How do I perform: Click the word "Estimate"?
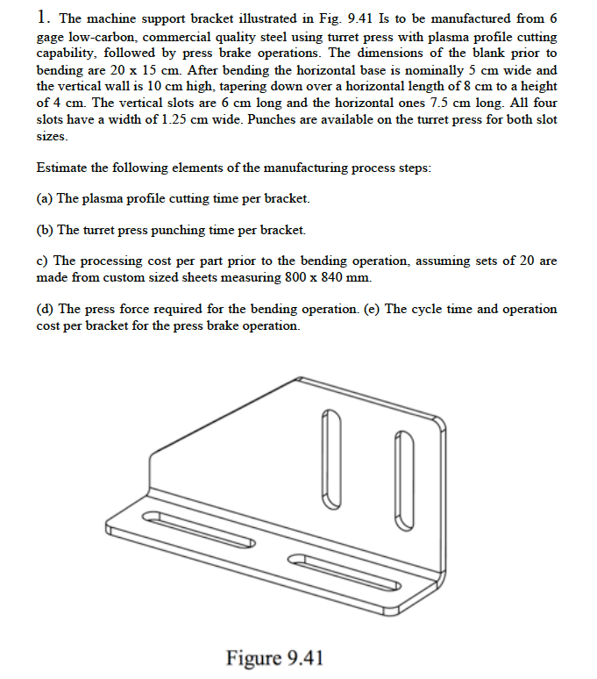click(62, 168)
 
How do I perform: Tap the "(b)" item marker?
click(45, 231)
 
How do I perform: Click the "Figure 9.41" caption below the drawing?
click(274, 658)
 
